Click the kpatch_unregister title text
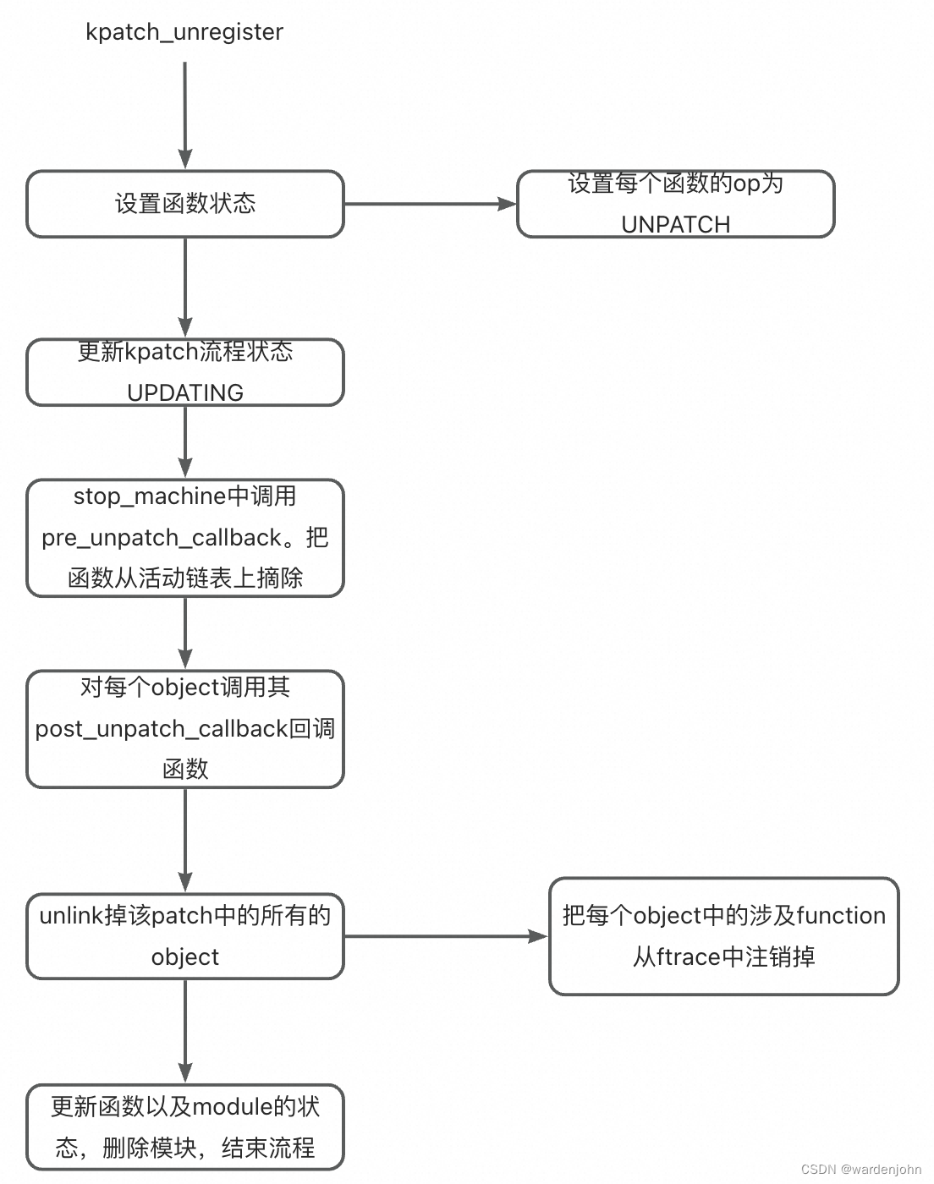point(184,32)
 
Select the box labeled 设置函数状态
point(184,204)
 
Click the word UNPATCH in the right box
point(675,224)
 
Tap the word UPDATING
point(184,392)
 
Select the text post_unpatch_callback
point(162,729)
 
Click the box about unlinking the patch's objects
point(184,936)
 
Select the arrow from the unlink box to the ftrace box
point(446,936)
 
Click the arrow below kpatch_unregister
point(184,115)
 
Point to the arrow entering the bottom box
point(184,1032)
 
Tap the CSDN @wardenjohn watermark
point(860,1170)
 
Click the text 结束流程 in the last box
point(268,1148)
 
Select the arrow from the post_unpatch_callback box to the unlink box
point(184,841)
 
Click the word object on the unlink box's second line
point(184,957)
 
